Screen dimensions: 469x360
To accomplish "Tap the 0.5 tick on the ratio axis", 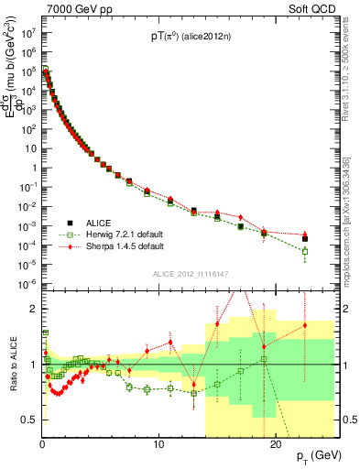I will click(30, 420).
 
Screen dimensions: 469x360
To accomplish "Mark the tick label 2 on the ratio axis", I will click(34, 309).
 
